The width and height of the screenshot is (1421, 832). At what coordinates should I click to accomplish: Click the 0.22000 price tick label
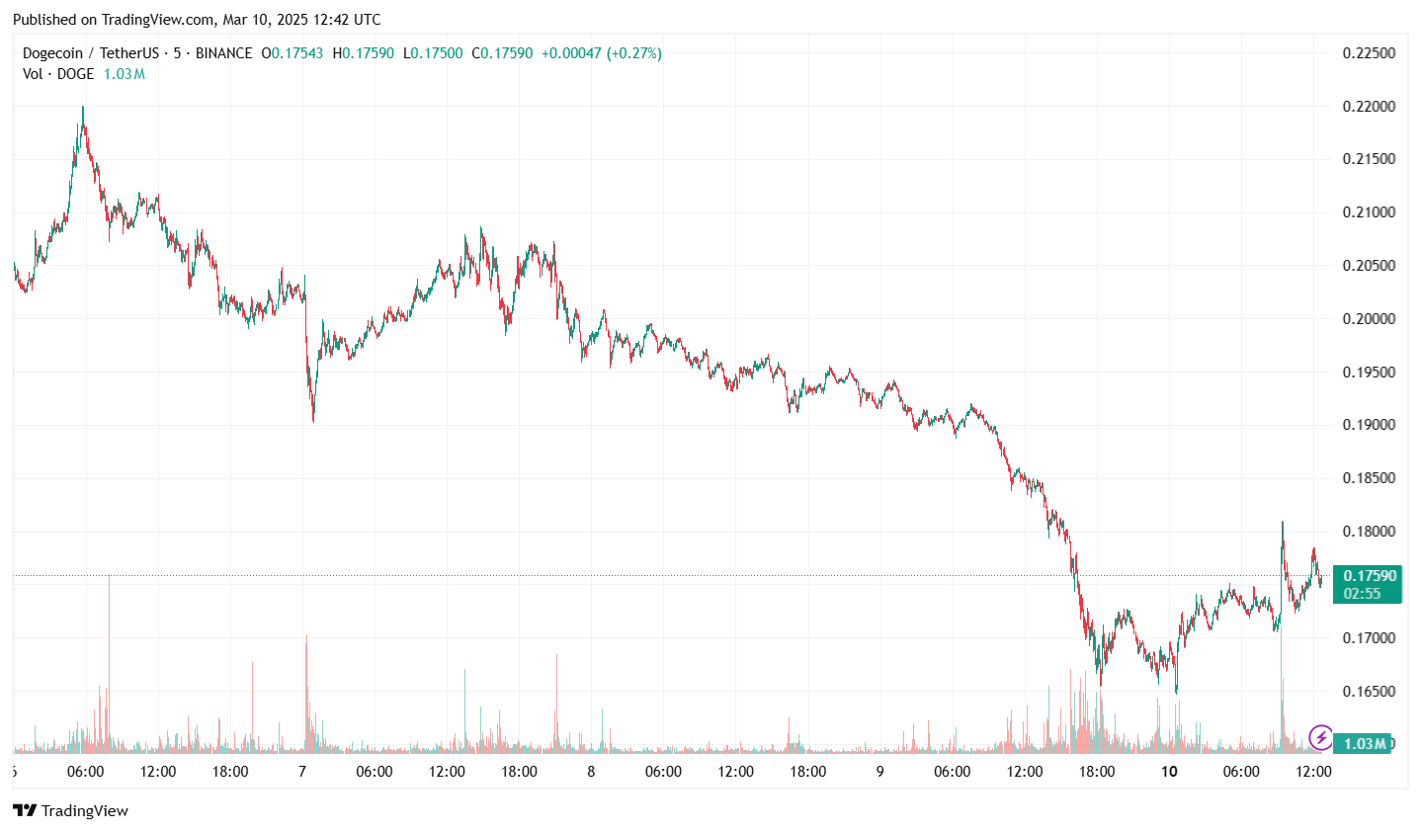tap(1369, 107)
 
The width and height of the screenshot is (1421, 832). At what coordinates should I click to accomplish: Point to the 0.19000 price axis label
tap(1369, 425)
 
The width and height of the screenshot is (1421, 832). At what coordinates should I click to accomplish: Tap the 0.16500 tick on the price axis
tap(1369, 692)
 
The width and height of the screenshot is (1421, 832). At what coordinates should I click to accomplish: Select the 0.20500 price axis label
tap(1369, 266)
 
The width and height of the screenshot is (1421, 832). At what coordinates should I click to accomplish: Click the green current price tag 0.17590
tap(1368, 576)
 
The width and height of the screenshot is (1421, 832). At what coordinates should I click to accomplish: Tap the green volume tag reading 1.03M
tap(1364, 744)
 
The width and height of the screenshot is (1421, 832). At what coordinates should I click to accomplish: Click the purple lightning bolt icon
tap(1320, 737)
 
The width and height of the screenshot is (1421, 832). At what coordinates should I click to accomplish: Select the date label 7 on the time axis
tap(302, 772)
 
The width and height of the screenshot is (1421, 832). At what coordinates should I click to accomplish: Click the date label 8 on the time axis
tap(591, 772)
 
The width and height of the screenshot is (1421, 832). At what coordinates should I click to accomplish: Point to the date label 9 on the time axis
tap(879, 772)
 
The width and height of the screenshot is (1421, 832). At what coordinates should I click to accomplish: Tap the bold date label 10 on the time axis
tap(1169, 772)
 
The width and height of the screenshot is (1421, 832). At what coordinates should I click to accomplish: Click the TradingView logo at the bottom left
tap(70, 811)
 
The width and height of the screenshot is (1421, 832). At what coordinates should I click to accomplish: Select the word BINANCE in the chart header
tap(223, 53)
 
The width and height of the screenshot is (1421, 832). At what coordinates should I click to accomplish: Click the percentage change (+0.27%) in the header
tap(633, 53)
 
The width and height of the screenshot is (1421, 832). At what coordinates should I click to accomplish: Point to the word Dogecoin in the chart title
tap(52, 53)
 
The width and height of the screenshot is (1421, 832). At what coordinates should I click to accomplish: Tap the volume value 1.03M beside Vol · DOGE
tap(125, 74)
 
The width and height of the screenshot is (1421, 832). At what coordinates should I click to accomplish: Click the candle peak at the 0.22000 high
tap(82, 109)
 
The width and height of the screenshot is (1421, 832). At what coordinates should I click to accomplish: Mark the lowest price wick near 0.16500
tap(1176, 692)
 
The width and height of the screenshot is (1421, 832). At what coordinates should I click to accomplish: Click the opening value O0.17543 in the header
tap(293, 53)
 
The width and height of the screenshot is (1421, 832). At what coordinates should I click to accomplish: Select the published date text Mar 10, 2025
tap(267, 20)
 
